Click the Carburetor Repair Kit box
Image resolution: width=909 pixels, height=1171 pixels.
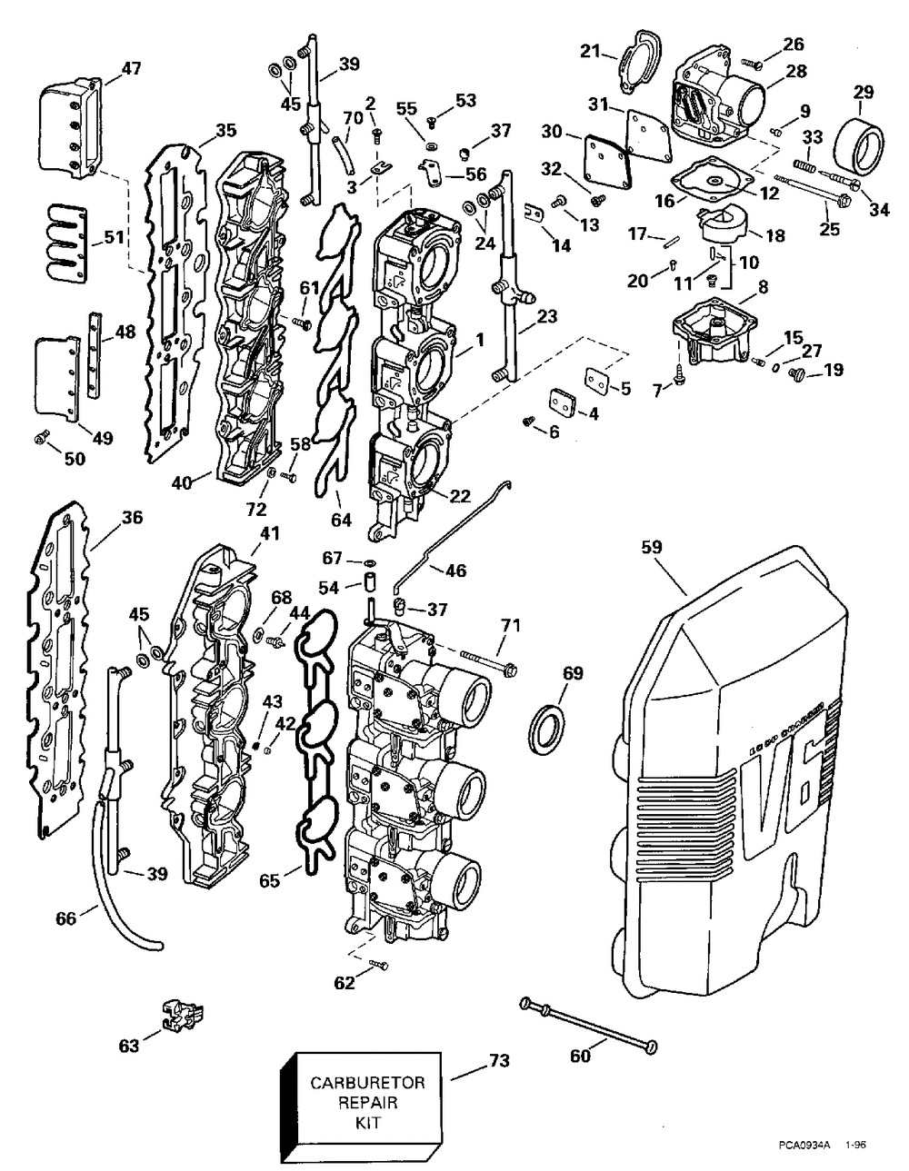pyautogui.click(x=362, y=1103)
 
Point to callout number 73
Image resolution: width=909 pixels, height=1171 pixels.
pyautogui.click(x=499, y=1061)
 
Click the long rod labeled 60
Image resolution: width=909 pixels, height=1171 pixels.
pyautogui.click(x=584, y=1026)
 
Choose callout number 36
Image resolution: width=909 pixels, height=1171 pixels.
pyautogui.click(x=132, y=518)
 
